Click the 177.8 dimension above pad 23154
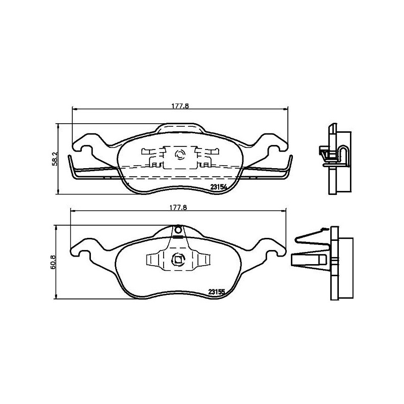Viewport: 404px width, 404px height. click(180, 107)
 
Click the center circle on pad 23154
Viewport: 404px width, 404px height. click(180, 155)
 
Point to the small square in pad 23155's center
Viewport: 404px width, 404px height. click(177, 260)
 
